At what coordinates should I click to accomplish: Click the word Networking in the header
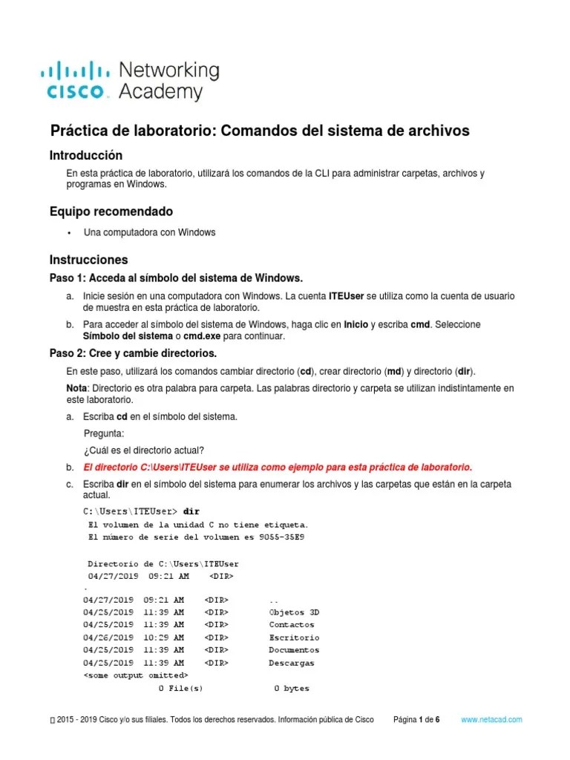pos(169,71)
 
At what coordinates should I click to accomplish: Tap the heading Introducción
pos(85,155)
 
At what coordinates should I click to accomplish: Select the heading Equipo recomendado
pos(111,212)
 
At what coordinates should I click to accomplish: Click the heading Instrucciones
pos(88,260)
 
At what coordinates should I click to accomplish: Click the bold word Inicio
pos(356,324)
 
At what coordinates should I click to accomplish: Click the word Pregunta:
pos(104,433)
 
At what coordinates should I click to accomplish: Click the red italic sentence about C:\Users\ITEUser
pos(278,468)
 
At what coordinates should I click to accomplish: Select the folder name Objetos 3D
pos(294,612)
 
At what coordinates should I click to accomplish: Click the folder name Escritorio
pos(294,638)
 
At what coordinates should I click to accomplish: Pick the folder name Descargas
pos(291,663)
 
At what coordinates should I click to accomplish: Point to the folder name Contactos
pos(291,625)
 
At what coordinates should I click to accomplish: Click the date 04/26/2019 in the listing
pos(108,638)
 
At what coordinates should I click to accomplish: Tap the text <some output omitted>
pos(135,675)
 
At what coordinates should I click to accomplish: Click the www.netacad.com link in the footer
pos(491,720)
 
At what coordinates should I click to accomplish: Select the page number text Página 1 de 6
pos(417,720)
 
